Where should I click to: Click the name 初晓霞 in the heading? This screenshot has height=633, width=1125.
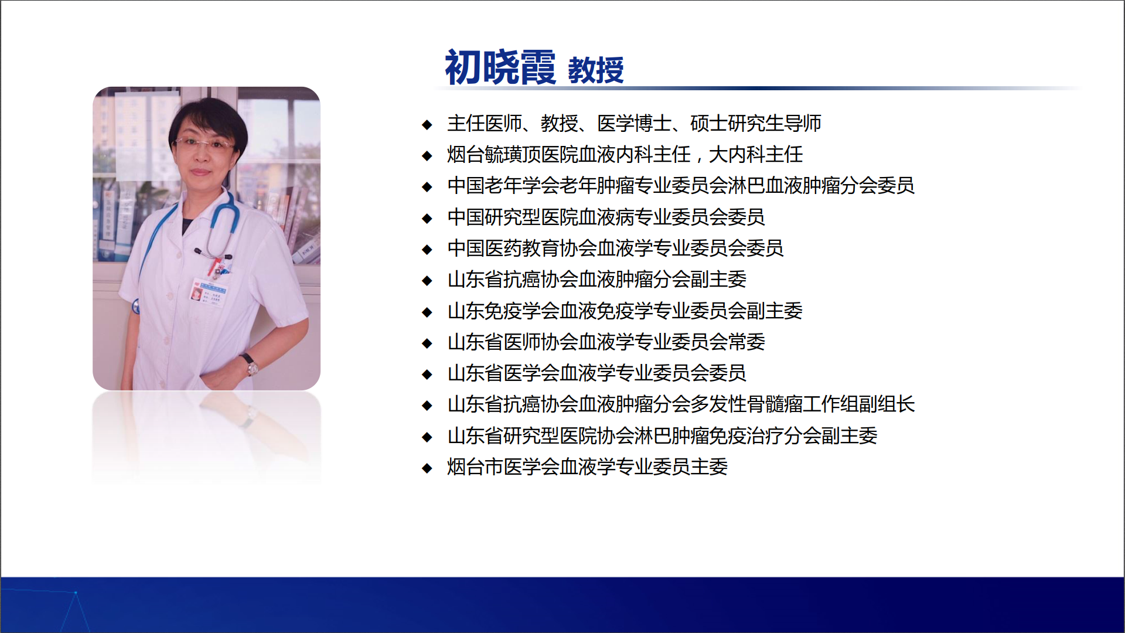tap(500, 67)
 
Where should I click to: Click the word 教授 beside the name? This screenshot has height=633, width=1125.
tap(596, 70)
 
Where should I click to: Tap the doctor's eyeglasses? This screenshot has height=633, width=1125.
tap(204, 144)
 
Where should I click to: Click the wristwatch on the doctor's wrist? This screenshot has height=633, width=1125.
tap(250, 365)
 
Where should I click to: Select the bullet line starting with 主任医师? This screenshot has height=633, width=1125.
tap(634, 123)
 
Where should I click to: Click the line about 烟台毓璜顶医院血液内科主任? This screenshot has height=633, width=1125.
tap(625, 154)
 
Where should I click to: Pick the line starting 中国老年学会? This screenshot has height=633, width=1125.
tap(680, 185)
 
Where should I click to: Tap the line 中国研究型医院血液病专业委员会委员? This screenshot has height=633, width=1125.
tap(606, 217)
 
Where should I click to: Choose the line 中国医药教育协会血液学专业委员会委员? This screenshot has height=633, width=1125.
tap(615, 248)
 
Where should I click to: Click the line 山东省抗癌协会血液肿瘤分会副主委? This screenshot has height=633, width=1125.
tap(596, 279)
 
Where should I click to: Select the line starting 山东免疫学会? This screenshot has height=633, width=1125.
tap(625, 311)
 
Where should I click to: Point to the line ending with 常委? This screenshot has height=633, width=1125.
tap(606, 342)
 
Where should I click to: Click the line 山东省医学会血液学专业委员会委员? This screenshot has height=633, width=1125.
tap(596, 373)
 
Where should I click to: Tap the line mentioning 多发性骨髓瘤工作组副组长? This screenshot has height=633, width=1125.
tap(681, 404)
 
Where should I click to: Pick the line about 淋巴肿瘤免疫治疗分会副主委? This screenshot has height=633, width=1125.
tap(662, 435)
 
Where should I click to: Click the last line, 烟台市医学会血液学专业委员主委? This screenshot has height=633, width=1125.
tap(587, 467)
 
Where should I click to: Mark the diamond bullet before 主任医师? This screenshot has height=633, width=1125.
tap(427, 124)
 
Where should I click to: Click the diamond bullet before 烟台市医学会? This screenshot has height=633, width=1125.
tap(427, 468)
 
